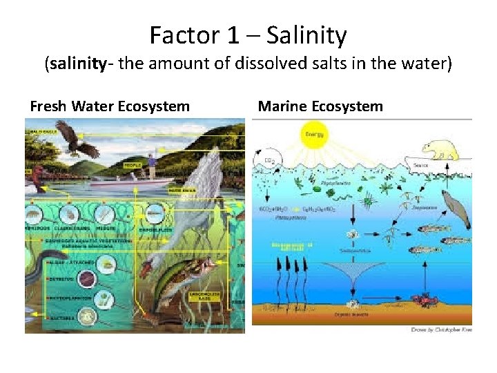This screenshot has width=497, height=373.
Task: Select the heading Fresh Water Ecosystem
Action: click(109, 106)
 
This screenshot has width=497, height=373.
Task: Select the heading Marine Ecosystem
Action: click(320, 106)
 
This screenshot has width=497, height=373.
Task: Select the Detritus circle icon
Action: click(87, 278)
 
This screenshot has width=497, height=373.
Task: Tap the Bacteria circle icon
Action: click(87, 316)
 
